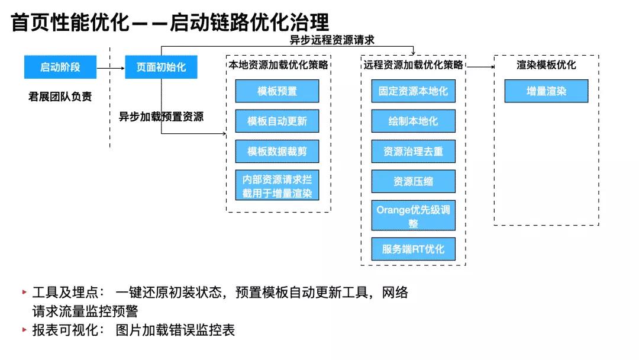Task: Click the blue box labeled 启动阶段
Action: coord(60,67)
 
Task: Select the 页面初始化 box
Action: coord(161,67)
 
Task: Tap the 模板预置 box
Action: coord(277,91)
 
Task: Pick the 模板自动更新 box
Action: coord(277,121)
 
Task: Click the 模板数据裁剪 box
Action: coord(277,152)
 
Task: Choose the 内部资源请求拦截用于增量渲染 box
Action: coord(277,186)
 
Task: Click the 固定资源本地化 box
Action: coord(413,91)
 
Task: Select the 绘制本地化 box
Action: coord(413,121)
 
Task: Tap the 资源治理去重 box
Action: coord(413,152)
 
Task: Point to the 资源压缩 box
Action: coord(413,181)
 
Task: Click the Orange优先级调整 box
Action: coord(413,216)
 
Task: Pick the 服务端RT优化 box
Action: coord(413,249)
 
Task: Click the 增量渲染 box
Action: coord(546,91)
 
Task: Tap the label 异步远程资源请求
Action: coord(332,40)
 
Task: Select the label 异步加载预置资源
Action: coord(161,117)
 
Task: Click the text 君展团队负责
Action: coord(60,97)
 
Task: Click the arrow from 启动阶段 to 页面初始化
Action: coord(110,67)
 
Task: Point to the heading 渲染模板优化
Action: coord(546,65)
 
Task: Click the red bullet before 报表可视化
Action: coord(24,330)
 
